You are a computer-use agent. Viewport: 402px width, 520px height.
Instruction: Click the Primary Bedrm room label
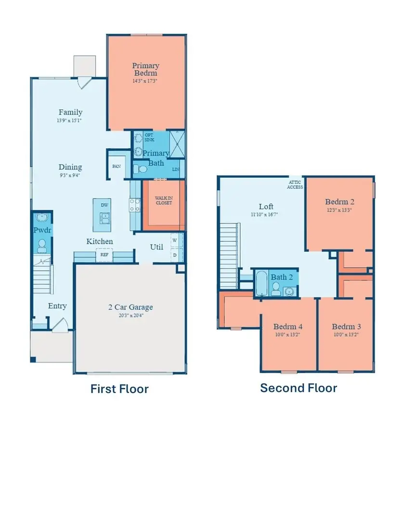point(145,69)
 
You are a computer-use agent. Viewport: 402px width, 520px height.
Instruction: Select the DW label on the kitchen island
point(104,205)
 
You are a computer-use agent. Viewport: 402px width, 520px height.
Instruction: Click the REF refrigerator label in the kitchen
point(104,255)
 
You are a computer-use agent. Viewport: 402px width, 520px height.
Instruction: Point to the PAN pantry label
point(116,166)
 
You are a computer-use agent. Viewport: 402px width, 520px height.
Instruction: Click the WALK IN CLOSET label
point(163,200)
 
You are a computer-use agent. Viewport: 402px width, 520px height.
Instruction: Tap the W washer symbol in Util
point(174,240)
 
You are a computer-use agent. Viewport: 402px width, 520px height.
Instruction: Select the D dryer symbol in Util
point(174,254)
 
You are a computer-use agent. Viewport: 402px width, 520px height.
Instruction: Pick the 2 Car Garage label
point(130,307)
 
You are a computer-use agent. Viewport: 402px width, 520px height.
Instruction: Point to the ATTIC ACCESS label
point(295,184)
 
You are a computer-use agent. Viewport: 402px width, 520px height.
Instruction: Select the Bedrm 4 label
point(288,326)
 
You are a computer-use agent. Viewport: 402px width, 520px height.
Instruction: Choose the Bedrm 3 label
point(346,326)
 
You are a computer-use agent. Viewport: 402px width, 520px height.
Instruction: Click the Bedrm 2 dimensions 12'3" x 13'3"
point(339,210)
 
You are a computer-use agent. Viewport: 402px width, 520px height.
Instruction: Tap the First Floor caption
point(119,389)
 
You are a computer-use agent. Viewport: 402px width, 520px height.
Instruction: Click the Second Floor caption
point(298,388)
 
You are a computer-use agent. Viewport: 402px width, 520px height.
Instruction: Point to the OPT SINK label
point(149,137)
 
